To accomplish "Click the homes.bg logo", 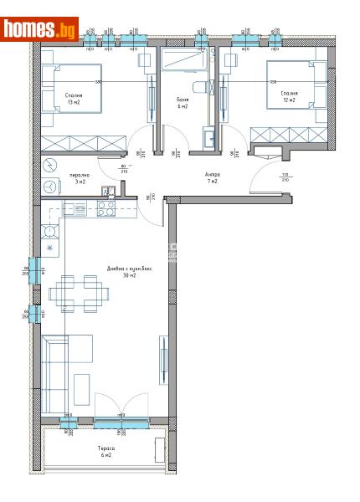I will [39, 30].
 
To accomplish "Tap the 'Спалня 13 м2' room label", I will [74, 99].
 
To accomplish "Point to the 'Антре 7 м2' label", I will [211, 177].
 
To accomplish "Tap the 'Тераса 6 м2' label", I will [104, 452].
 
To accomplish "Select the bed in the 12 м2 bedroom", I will [293, 85].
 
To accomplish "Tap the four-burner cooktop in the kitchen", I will [107, 208].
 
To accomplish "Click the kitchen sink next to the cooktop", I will [71, 208].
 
